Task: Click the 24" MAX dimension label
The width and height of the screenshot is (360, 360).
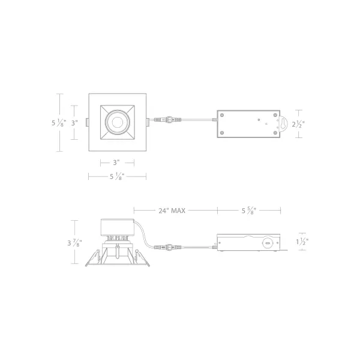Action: (x=172, y=211)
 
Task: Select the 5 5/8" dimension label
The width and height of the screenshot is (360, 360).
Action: (x=248, y=211)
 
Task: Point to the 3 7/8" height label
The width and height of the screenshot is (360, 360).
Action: (x=74, y=242)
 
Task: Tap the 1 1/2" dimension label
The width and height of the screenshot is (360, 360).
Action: (x=302, y=242)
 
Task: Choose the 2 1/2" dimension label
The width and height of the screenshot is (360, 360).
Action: (x=298, y=124)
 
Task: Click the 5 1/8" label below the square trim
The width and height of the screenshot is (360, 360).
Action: (x=117, y=176)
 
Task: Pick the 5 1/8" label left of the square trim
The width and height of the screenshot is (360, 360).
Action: (x=59, y=123)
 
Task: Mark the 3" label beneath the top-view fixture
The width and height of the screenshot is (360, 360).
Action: (x=116, y=163)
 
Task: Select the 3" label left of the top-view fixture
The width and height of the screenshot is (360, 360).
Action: (x=74, y=123)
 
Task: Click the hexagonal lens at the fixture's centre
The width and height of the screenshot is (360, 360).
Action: (x=118, y=122)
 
